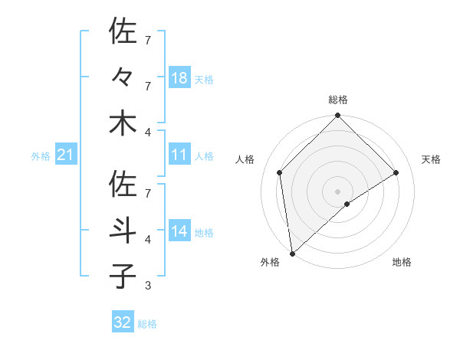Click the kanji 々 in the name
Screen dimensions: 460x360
tap(123, 77)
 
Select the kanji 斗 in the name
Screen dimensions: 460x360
tap(123, 231)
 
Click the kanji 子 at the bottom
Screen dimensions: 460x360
tap(123, 277)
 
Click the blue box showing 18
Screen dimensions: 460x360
tap(179, 78)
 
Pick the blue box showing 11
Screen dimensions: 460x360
tap(179, 155)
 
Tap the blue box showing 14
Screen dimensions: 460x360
tap(179, 232)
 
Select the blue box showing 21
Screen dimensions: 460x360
tap(66, 155)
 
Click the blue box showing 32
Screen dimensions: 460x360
tap(123, 322)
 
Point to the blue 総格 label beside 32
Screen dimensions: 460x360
tap(147, 323)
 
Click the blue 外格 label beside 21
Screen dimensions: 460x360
tap(41, 156)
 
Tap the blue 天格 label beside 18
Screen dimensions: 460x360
tap(204, 79)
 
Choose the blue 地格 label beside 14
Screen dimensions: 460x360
tap(204, 233)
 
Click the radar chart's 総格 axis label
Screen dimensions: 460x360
tap(338, 100)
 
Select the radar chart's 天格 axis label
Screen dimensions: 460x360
tap(432, 159)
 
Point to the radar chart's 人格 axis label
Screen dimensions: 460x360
tap(245, 159)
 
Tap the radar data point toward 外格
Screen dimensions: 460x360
tap(292, 254)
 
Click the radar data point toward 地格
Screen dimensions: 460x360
tap(347, 204)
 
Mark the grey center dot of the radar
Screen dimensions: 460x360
tap(338, 191)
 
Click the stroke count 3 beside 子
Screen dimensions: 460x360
tap(147, 286)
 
